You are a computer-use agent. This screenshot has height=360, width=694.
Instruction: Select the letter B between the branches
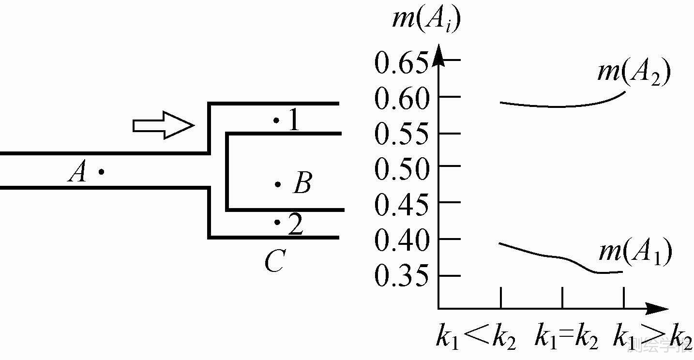point(302,184)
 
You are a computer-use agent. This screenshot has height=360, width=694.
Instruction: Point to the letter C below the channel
point(274,262)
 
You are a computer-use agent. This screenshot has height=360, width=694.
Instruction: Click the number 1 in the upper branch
point(294,120)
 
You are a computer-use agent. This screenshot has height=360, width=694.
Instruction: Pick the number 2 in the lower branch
point(295,225)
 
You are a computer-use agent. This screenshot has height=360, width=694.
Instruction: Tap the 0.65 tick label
point(402,64)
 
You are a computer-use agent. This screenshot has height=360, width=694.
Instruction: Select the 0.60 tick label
point(402,99)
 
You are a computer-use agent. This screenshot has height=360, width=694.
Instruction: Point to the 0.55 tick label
point(402,135)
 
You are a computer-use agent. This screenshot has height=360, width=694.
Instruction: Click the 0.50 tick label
point(402,169)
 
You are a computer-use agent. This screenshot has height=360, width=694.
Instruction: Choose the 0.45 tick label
point(402,205)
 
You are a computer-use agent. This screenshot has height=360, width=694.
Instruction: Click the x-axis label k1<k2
point(476,338)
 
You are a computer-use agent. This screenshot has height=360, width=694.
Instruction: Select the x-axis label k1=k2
point(566,338)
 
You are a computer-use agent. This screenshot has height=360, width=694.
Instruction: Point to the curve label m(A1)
point(635,253)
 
